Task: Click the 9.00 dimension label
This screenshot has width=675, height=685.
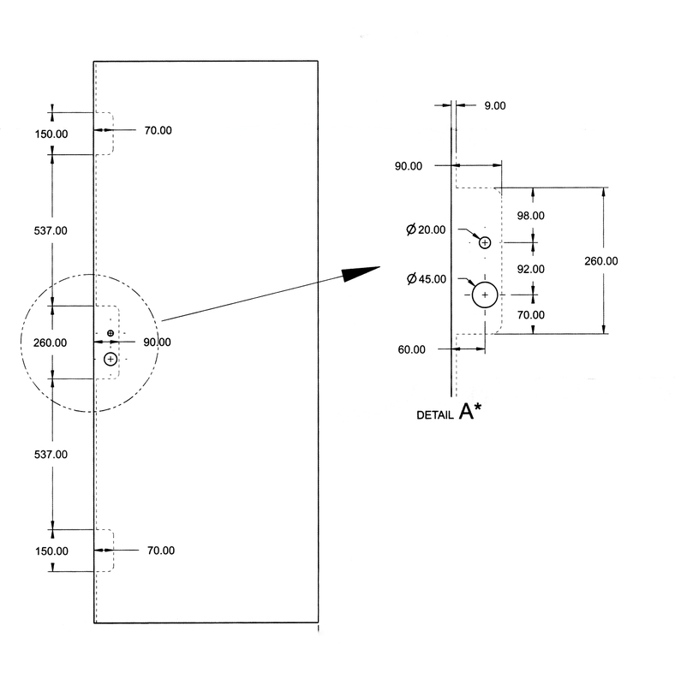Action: [495, 105]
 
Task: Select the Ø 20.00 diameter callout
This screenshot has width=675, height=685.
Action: [426, 229]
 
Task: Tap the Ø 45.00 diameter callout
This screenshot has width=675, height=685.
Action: [427, 279]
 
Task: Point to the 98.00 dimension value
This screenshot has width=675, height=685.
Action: [531, 216]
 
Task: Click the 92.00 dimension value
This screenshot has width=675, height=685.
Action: [531, 269]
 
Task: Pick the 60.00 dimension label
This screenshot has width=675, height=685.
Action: [411, 349]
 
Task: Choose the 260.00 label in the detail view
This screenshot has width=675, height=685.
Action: [601, 261]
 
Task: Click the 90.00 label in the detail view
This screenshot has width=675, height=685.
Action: [409, 166]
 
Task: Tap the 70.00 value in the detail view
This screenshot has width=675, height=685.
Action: [531, 315]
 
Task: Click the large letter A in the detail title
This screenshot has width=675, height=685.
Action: [466, 412]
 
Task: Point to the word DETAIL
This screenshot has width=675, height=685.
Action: [435, 415]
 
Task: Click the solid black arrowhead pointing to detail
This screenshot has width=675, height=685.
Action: [361, 274]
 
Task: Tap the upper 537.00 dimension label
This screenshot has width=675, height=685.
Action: [51, 230]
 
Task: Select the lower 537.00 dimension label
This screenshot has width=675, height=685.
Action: [51, 455]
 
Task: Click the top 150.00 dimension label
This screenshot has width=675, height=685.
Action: [51, 134]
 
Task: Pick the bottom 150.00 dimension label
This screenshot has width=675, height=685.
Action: [51, 551]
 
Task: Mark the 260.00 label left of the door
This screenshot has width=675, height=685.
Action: [51, 343]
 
